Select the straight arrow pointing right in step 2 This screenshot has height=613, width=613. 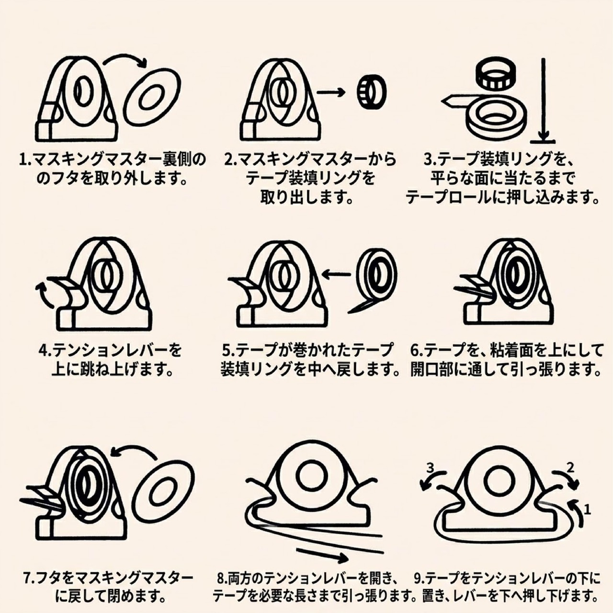tap(331, 92)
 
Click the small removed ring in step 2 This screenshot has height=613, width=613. tap(371, 92)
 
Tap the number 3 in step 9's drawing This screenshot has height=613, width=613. tap(430, 468)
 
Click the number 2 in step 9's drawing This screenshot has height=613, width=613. tap(570, 467)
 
